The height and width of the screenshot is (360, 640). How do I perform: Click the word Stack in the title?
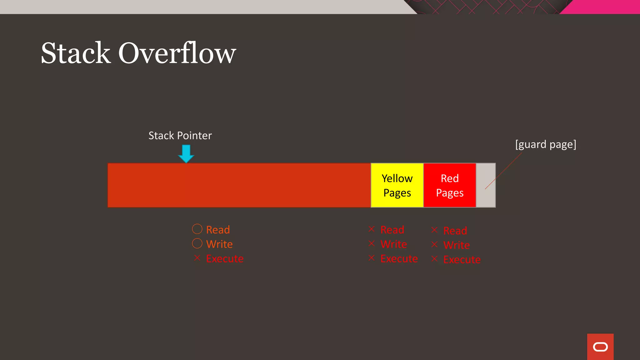(76, 53)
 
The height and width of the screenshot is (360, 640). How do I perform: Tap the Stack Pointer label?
(180, 136)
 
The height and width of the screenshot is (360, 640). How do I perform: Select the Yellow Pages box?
(397, 185)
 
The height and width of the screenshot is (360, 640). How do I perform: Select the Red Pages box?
(449, 185)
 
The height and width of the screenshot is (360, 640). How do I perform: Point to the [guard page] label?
(546, 144)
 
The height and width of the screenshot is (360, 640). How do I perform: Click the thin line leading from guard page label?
(503, 171)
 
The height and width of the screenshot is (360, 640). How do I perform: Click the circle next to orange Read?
(197, 229)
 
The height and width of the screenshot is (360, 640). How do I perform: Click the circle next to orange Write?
(197, 243)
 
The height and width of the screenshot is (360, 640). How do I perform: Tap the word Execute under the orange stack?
(225, 259)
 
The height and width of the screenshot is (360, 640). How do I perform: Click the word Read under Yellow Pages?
(392, 230)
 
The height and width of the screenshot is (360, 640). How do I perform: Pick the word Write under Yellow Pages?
(393, 244)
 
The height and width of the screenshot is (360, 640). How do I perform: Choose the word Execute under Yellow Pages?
(399, 259)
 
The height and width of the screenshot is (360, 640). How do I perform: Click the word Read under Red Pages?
(455, 231)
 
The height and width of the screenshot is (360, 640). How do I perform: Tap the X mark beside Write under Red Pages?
(434, 244)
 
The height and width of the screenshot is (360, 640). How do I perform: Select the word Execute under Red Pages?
(462, 260)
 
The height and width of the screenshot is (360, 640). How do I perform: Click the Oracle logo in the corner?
(600, 347)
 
